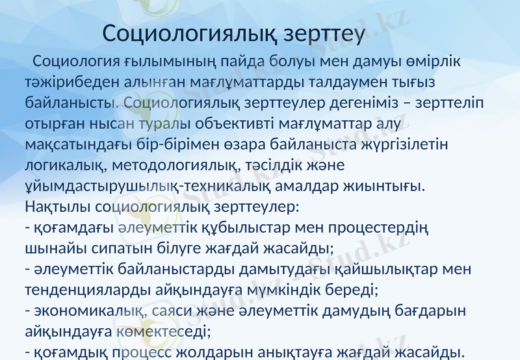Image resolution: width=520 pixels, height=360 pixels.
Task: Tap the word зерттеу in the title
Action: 324,33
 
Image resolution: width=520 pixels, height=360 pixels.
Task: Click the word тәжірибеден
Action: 69,83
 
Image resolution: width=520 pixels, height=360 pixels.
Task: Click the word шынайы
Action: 53,248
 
